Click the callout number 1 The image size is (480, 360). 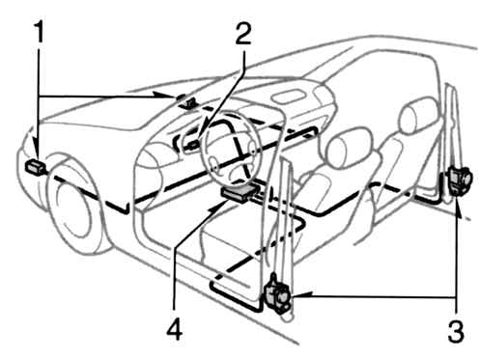point(40,32)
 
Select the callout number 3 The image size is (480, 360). point(456,331)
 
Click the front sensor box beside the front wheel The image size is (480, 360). point(35,167)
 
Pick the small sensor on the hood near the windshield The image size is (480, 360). point(186,101)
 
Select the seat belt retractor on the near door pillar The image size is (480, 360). point(277,294)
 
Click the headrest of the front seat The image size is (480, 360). point(349,147)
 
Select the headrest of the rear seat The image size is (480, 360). point(417,115)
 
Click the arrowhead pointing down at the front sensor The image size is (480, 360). point(39,153)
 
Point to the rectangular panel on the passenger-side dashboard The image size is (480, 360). point(288,97)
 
